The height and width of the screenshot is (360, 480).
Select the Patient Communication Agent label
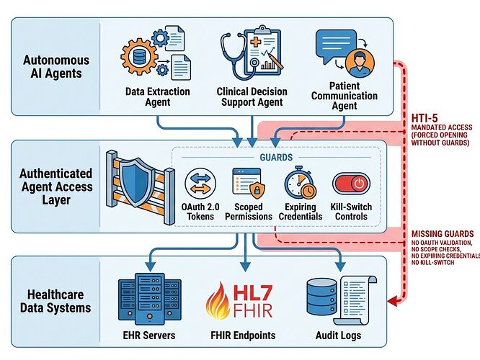pyautogui.click(x=345, y=95)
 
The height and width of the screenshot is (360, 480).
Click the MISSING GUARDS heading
pyautogui.click(x=441, y=234)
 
